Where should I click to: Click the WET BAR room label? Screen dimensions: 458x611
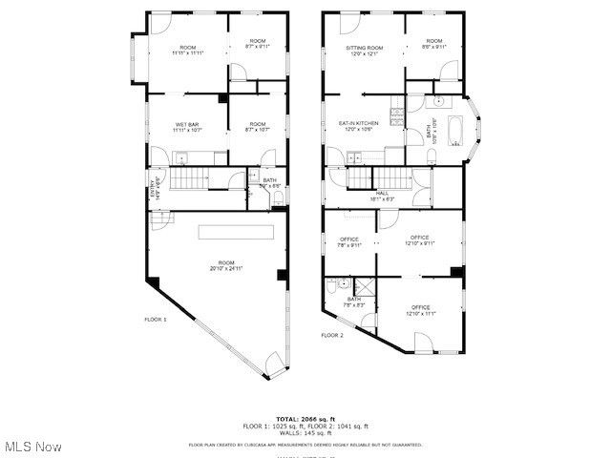(186, 125)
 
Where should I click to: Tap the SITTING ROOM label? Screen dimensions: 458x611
(364, 48)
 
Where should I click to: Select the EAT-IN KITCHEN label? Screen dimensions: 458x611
(359, 123)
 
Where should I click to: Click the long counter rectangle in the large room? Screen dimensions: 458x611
(236, 232)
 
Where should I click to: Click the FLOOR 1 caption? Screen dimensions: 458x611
(156, 319)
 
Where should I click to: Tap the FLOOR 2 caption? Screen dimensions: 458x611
(331, 335)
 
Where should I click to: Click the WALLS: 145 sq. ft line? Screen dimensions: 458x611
(305, 433)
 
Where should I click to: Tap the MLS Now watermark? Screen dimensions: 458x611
(32, 447)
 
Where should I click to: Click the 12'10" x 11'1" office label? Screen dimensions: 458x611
(420, 310)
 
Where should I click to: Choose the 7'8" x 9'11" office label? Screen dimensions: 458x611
(348, 242)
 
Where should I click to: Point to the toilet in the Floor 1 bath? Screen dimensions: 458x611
(277, 197)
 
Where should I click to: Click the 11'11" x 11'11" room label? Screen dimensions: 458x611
(186, 52)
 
